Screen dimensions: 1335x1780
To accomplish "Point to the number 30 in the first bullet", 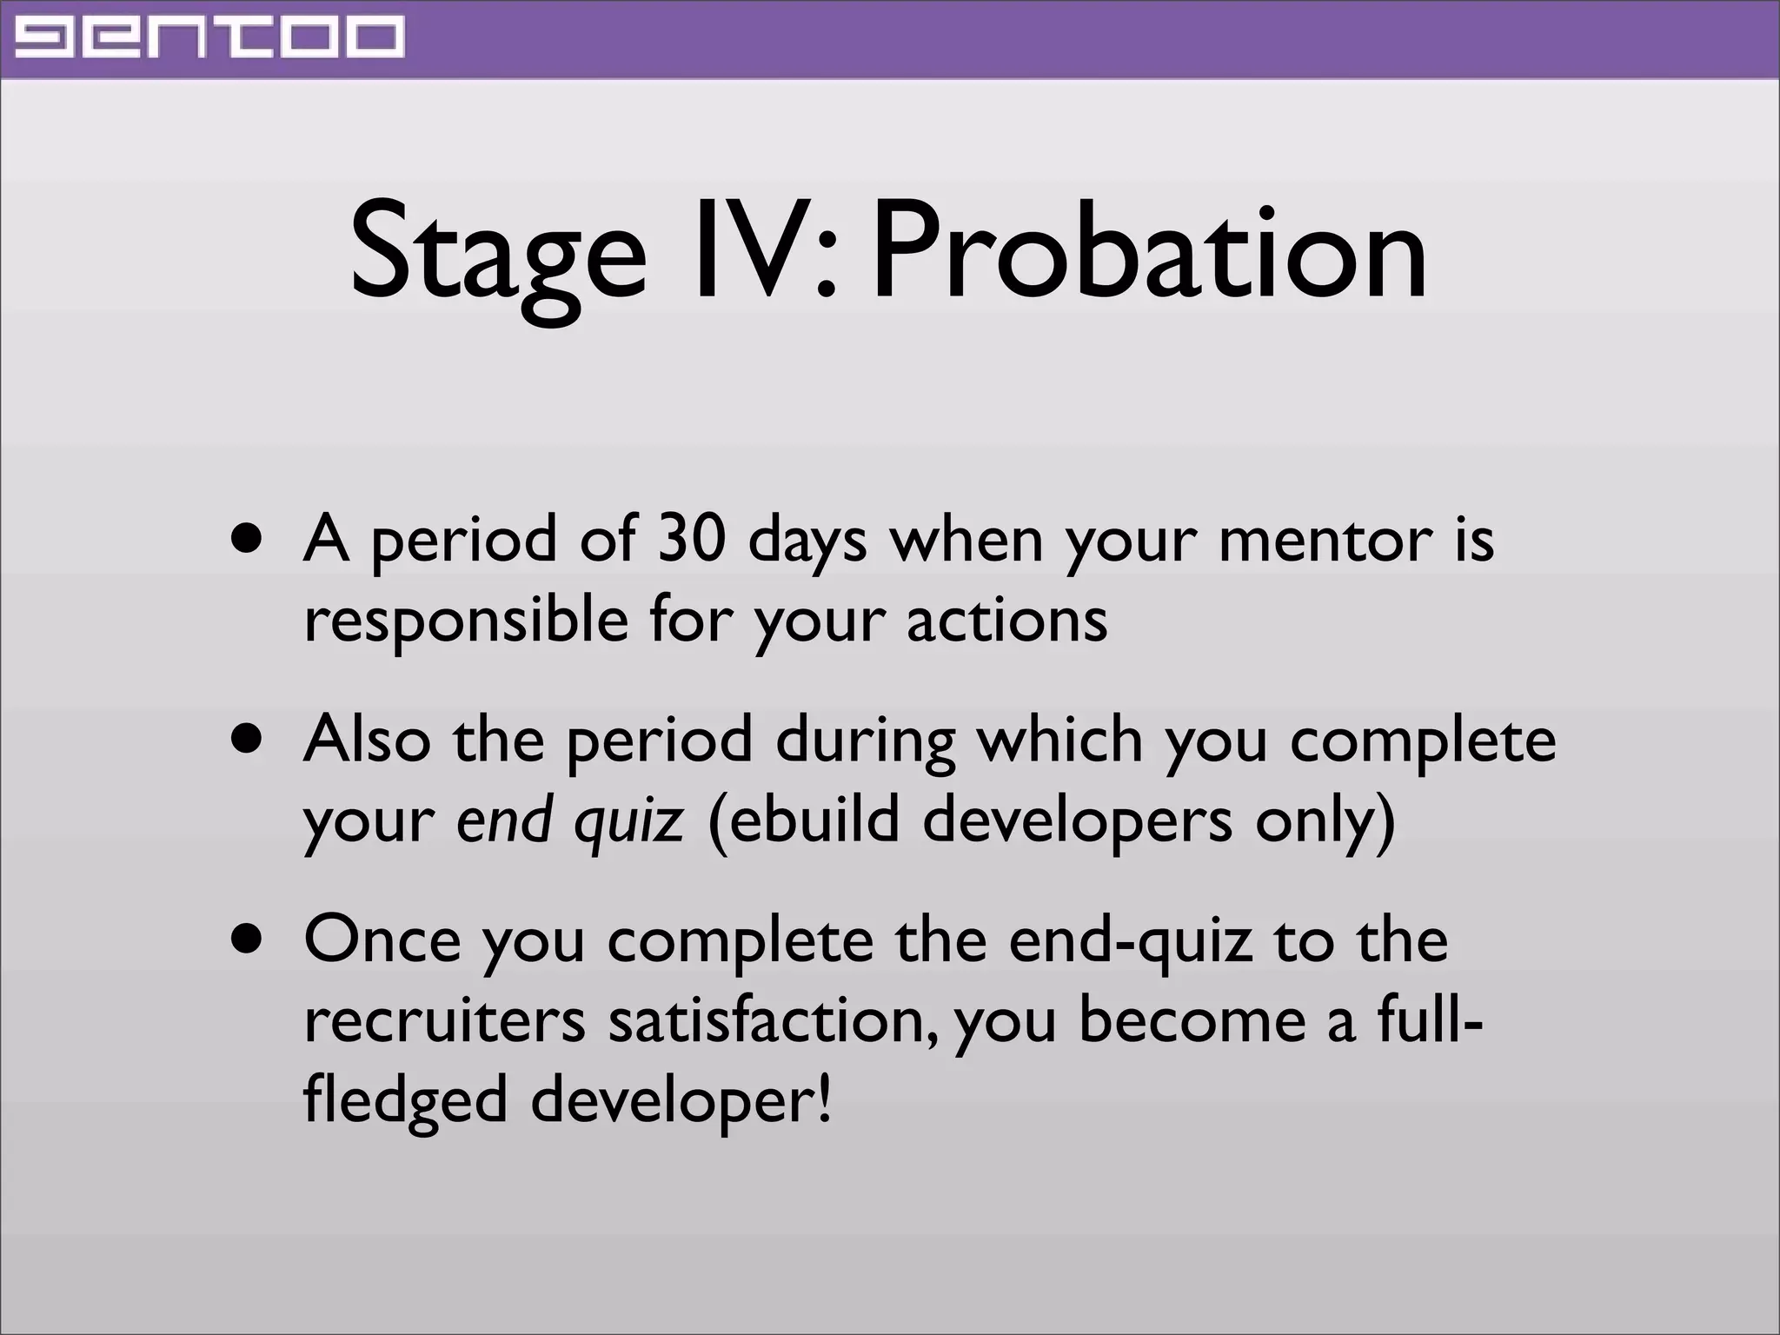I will coord(691,538).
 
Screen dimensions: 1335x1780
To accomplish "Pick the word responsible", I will coord(466,621).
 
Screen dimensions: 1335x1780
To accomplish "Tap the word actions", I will coord(1007,621).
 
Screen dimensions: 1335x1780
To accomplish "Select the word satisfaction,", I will coord(774,1020).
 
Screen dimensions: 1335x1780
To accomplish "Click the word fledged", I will coord(405,1099).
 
